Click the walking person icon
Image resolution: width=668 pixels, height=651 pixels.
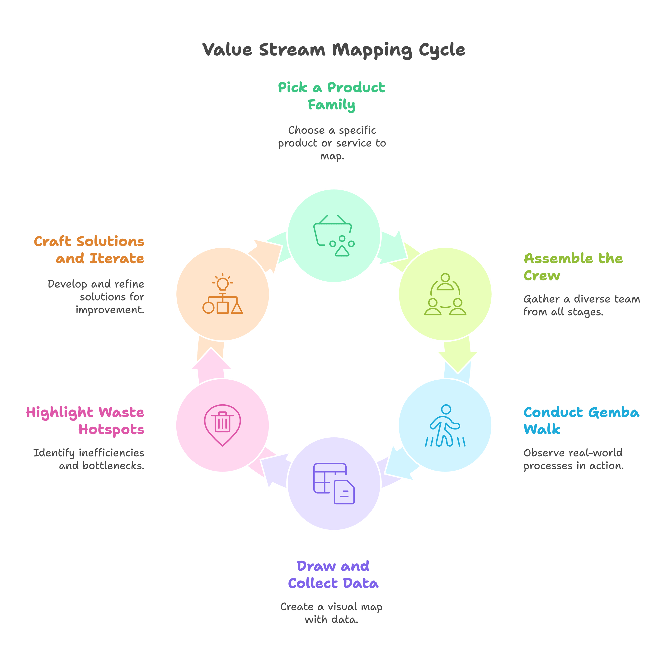445,426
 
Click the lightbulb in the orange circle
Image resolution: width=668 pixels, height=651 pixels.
223,283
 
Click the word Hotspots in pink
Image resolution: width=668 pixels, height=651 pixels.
111,429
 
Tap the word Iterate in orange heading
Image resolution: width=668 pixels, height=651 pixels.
117,259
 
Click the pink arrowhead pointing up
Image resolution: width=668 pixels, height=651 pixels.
211,360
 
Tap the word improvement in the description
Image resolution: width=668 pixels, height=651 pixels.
110,310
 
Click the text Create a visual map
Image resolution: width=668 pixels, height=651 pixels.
331,607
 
